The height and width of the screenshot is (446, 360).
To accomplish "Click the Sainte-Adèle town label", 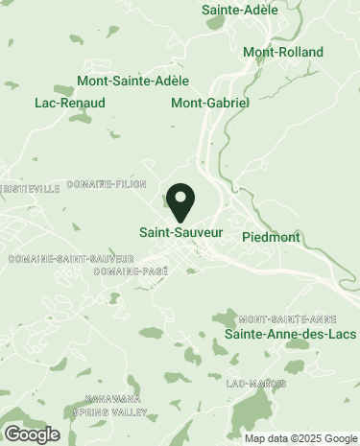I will point(240,10).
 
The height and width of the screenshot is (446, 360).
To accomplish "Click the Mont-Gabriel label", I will point(210,102).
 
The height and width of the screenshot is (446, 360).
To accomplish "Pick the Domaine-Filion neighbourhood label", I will point(107,183).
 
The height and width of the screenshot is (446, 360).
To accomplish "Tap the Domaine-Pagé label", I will point(132,271).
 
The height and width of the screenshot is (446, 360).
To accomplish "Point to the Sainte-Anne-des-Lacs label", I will point(290,334).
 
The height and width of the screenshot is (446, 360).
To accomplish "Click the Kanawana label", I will point(113,398).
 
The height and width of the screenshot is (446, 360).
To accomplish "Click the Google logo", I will point(32,434).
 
